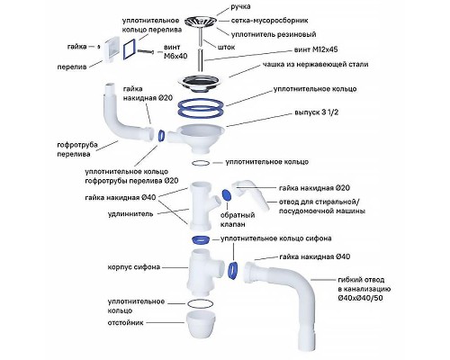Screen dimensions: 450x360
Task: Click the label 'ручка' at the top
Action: (240, 7)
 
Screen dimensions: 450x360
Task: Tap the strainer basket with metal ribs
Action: (200, 22)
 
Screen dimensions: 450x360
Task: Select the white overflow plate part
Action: (110, 50)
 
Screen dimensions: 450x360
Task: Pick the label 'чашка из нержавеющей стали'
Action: (316, 65)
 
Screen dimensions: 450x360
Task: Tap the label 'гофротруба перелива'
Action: (77, 149)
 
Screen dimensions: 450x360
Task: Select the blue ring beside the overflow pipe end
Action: (161, 135)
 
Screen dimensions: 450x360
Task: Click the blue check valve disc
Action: (227, 195)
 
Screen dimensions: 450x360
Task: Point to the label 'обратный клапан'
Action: (238, 220)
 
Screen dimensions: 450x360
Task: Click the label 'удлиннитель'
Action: (130, 214)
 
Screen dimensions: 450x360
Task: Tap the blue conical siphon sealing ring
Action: (201, 240)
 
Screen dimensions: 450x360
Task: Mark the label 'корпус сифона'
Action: (134, 267)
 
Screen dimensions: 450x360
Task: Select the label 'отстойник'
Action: (125, 323)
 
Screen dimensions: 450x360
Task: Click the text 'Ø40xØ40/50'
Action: (360, 298)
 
